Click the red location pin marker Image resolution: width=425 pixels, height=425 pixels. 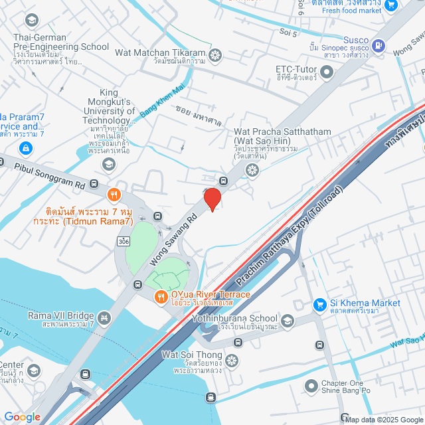212,199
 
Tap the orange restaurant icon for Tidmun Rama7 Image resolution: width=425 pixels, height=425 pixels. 114,195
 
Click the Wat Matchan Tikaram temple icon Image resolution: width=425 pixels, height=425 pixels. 215,54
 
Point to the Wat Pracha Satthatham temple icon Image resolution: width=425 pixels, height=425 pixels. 252,170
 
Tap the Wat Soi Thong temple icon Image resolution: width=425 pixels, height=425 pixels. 231,360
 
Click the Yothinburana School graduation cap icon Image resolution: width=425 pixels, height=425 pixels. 287,321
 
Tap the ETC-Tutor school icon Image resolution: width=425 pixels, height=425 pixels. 328,74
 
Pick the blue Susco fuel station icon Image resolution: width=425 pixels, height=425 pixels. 378,46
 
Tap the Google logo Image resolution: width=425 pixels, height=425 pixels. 23,416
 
